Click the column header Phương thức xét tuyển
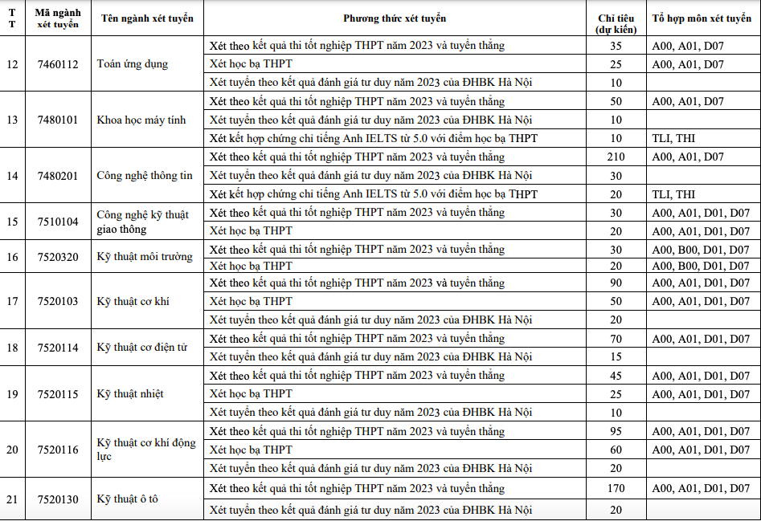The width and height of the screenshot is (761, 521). (x=394, y=18)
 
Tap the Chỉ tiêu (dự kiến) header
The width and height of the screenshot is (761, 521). (x=616, y=23)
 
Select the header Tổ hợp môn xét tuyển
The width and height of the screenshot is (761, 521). (x=702, y=18)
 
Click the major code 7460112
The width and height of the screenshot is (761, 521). (x=58, y=64)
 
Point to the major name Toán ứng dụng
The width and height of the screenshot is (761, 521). (x=133, y=64)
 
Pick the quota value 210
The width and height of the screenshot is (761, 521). (x=616, y=157)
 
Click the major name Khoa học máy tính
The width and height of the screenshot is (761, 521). (x=141, y=120)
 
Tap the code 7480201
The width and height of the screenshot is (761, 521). (x=58, y=176)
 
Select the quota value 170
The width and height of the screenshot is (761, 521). (x=616, y=488)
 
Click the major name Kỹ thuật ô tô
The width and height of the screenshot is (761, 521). (x=128, y=499)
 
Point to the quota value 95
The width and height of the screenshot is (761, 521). (x=616, y=432)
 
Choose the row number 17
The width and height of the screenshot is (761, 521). (x=12, y=302)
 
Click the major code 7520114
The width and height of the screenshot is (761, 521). (x=58, y=348)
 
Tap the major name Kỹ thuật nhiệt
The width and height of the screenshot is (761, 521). (x=130, y=394)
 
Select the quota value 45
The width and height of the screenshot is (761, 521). (x=616, y=376)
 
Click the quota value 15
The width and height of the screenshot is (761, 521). (x=616, y=356)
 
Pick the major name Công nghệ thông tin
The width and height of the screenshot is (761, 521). (x=145, y=176)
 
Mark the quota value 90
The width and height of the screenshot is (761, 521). (x=616, y=283)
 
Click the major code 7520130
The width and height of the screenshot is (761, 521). (x=58, y=499)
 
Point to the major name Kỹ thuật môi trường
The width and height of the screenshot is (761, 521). (x=145, y=257)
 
